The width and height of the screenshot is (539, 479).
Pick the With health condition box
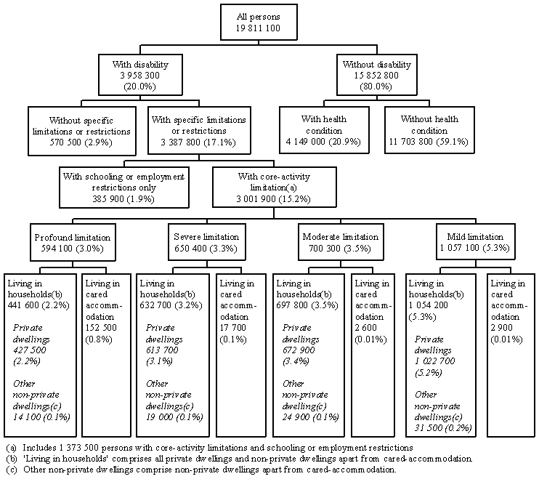tap(323, 131)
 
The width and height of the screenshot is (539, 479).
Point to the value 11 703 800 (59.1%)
tap(429, 142)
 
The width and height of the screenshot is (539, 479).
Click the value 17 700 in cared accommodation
tap(234, 316)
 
